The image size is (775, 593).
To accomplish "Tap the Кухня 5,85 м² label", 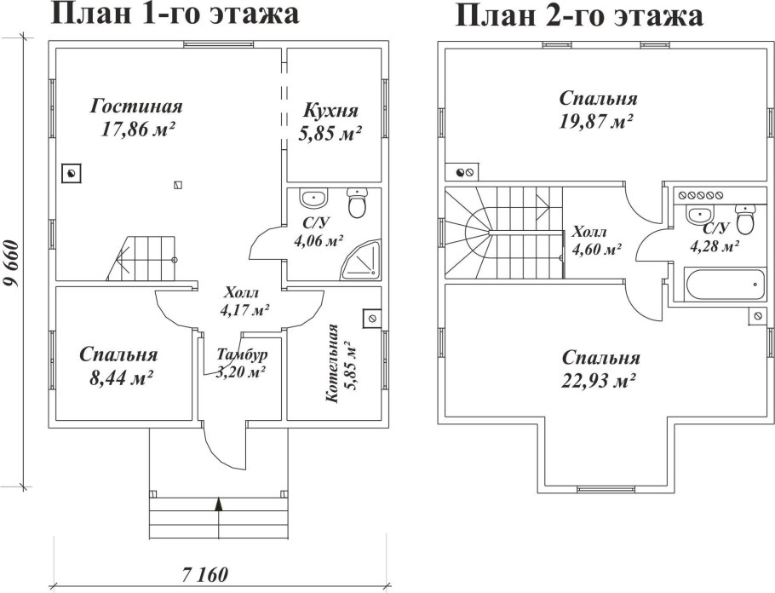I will tap(330, 122).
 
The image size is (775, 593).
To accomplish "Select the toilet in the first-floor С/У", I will tap(358, 204).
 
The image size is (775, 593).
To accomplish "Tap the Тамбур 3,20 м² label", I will tap(241, 363).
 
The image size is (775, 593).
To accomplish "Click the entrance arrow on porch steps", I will tap(219, 506).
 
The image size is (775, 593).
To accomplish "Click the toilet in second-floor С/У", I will tap(745, 221).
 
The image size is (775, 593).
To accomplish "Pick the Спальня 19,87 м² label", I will tap(599, 109).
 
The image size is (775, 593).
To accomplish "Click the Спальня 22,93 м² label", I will tap(600, 369).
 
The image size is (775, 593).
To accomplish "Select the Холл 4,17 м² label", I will tap(244, 301).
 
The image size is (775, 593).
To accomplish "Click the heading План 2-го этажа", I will tap(580, 15).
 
